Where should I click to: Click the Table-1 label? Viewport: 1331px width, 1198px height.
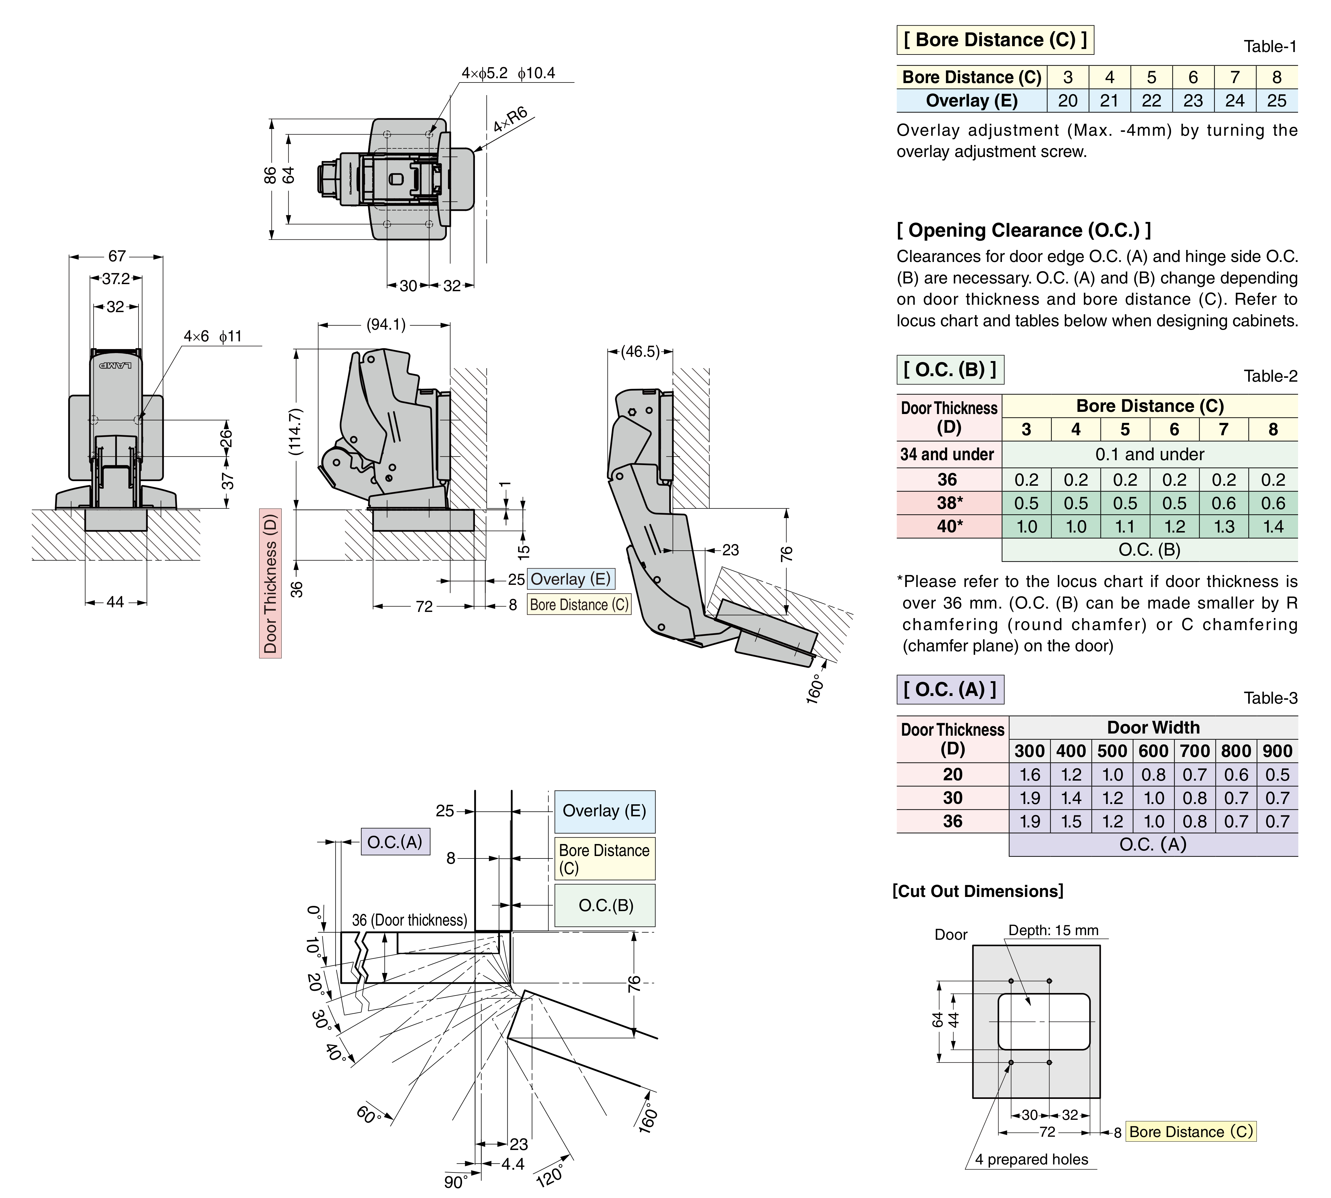click(x=1270, y=47)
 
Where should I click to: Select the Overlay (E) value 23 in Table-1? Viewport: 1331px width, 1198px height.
click(x=1193, y=101)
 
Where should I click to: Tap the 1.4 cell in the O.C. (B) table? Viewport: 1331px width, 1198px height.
click(x=1273, y=527)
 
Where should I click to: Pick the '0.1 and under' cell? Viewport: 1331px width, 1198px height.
click(x=1149, y=454)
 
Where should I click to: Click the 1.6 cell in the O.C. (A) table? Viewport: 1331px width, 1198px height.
click(x=1030, y=775)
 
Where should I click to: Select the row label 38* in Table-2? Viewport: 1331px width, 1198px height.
click(x=949, y=503)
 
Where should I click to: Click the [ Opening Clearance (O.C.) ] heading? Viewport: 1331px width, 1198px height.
click(x=1023, y=230)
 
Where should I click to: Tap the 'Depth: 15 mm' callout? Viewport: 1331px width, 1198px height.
click(x=1053, y=930)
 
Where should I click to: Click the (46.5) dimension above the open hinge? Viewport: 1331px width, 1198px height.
click(x=640, y=352)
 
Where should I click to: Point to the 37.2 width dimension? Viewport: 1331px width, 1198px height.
click(x=116, y=279)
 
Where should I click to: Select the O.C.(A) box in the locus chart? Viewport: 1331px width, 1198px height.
click(x=395, y=842)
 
